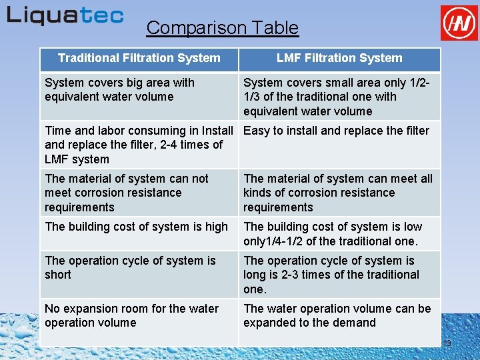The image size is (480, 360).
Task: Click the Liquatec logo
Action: click(x=65, y=15)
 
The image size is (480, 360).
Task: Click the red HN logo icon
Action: click(x=459, y=23)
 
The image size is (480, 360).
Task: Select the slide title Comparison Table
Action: click(x=222, y=28)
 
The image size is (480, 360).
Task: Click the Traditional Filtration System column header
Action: click(x=139, y=59)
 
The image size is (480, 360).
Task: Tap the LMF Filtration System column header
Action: click(x=339, y=59)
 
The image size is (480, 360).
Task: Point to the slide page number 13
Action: click(x=447, y=343)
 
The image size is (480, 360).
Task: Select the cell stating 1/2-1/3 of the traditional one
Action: click(x=339, y=97)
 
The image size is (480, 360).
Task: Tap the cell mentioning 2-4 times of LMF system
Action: click(x=139, y=145)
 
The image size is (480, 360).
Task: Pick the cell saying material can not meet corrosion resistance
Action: click(x=139, y=193)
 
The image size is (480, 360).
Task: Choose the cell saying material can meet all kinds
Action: click(x=339, y=193)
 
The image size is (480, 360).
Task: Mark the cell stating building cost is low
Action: click(x=339, y=234)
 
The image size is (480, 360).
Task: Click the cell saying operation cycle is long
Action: click(x=339, y=275)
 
